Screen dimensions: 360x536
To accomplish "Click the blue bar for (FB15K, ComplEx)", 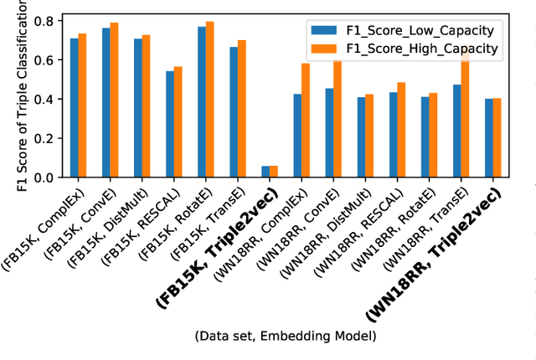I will tap(75, 108).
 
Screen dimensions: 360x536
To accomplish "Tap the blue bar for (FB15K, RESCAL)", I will tap(170, 124).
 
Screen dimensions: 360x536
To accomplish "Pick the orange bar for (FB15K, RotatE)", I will tap(210, 100).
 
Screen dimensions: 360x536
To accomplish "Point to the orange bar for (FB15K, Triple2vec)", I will tap(274, 172).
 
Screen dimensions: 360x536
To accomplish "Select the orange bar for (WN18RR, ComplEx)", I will tap(306, 121).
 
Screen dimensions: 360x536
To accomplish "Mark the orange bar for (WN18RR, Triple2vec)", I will tap(497, 138).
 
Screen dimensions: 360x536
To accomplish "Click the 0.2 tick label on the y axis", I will tap(49, 138).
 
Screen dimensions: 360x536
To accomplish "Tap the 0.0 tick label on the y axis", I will tap(49, 177).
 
